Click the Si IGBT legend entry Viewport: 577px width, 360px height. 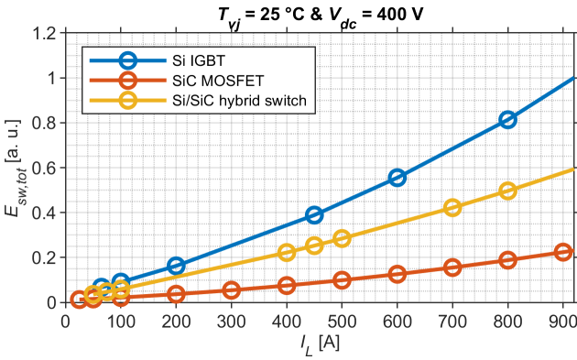coord(199,60)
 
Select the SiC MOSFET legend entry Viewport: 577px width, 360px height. coord(218,81)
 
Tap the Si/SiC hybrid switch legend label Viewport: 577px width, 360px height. coord(239,101)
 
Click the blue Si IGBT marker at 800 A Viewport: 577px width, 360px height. coord(507,120)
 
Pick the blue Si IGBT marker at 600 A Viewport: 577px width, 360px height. coord(397,178)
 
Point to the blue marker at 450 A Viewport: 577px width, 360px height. coord(314,215)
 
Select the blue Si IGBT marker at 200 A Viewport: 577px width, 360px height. coord(176,266)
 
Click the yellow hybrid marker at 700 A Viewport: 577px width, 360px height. coord(452,208)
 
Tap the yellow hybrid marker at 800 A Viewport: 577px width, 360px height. coord(507,191)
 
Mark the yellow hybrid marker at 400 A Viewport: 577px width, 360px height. coord(287,253)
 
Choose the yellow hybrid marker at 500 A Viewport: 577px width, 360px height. coord(342,238)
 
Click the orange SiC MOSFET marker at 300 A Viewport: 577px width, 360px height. coord(231,290)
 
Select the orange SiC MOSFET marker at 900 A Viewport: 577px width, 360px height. coord(563,252)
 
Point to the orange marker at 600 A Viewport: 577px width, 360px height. coord(397,274)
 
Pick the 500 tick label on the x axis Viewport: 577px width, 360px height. coord(342,322)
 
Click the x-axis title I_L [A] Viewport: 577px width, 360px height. coord(321,344)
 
